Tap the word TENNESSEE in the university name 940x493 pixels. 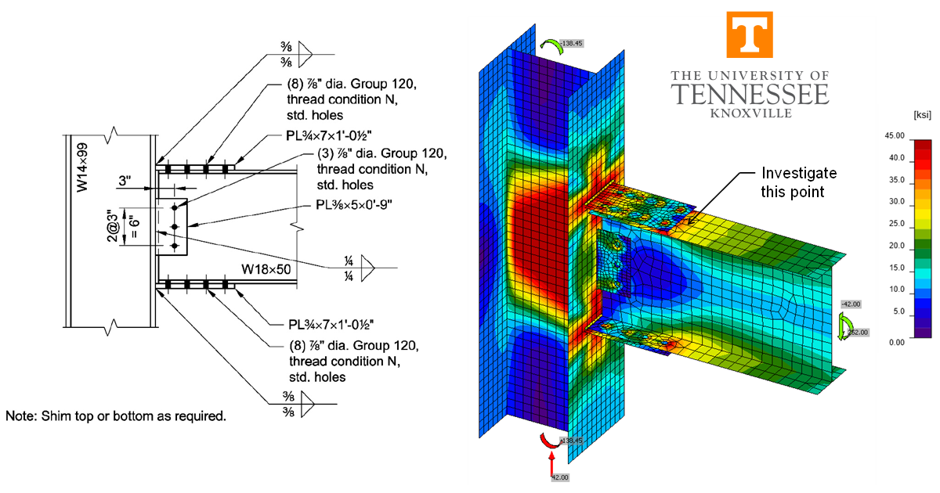click(x=750, y=95)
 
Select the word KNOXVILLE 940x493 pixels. click(x=750, y=113)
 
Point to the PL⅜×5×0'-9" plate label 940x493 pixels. click(x=360, y=209)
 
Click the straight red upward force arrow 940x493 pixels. click(x=551, y=461)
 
